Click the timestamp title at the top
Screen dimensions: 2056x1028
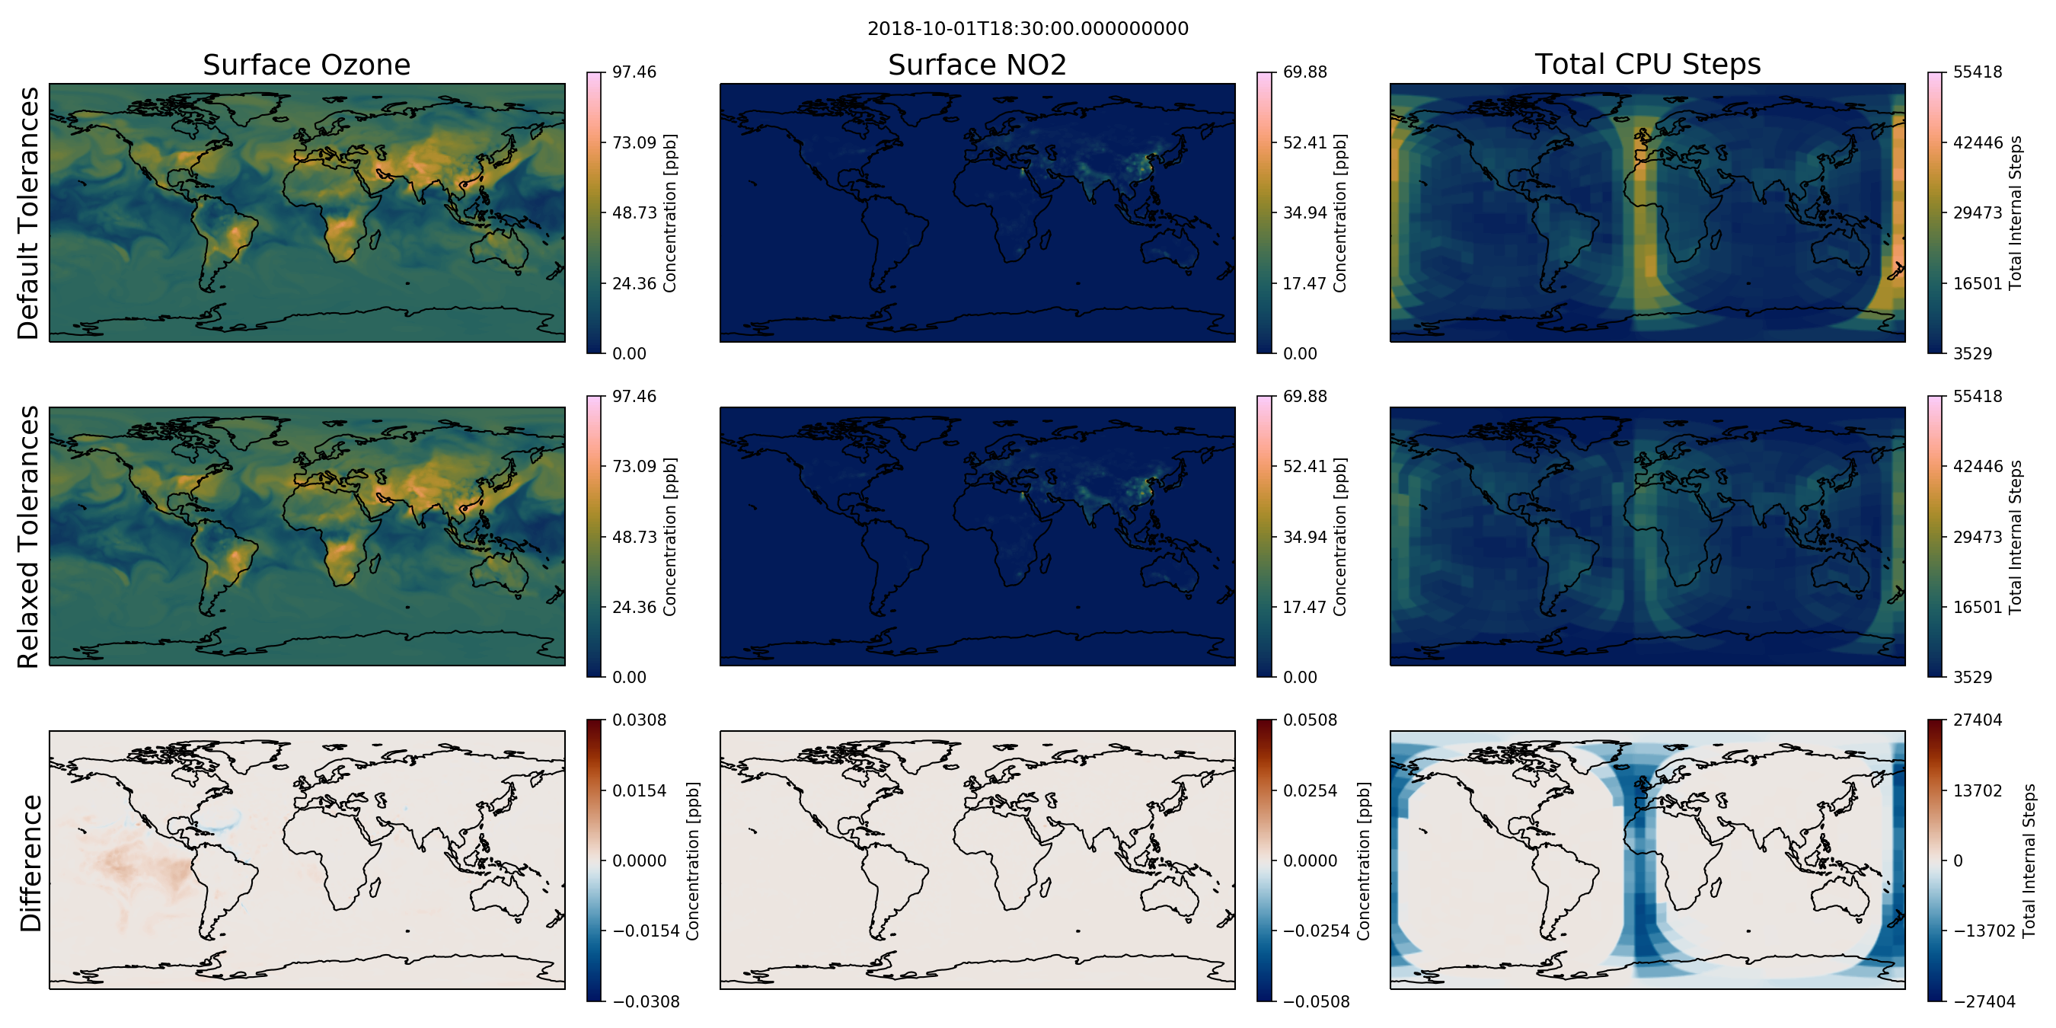point(1027,29)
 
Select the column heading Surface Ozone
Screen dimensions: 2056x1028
point(306,65)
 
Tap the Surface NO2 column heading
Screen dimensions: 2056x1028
point(977,65)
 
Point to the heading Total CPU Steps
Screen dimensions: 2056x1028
point(1647,64)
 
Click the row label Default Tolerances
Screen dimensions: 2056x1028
point(29,213)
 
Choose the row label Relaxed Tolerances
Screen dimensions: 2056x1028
point(29,536)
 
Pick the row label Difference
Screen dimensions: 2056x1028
point(30,863)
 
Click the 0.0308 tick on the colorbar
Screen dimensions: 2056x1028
point(640,720)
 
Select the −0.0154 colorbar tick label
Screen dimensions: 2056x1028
point(646,931)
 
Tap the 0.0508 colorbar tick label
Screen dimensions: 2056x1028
point(1310,720)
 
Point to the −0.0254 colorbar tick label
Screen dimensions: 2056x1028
point(1316,931)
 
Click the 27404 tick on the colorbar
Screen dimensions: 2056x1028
point(1978,720)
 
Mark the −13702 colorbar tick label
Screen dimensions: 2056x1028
point(1984,931)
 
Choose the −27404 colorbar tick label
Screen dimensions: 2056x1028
point(1984,1001)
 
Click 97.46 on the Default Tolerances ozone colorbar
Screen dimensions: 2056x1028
point(634,72)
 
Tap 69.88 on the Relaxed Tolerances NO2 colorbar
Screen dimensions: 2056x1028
point(1305,396)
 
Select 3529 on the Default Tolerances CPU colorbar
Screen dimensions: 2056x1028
point(1973,353)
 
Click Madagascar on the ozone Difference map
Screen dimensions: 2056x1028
point(374,886)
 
